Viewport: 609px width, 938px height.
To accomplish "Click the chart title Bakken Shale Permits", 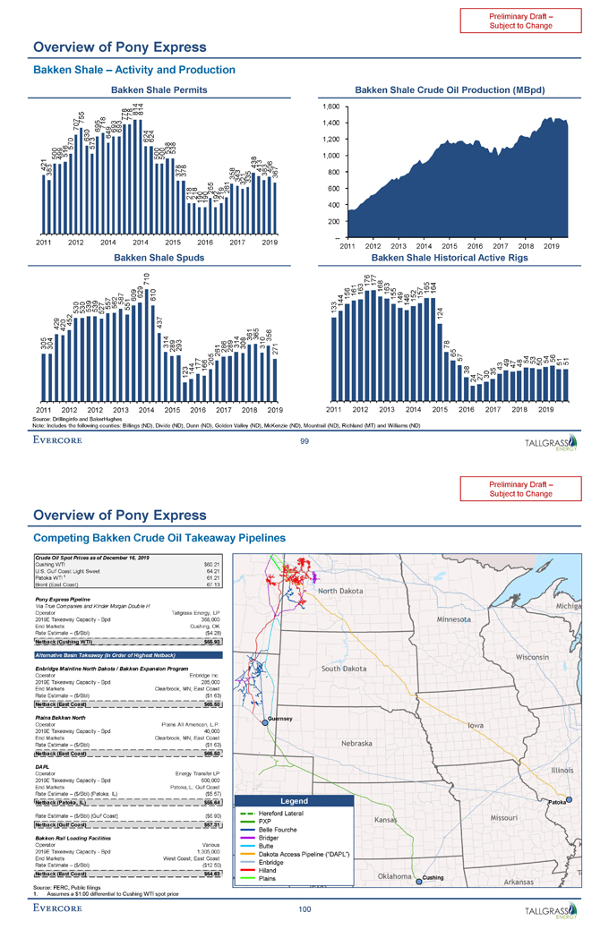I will point(158,90).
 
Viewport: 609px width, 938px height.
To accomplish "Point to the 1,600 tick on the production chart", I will point(329,106).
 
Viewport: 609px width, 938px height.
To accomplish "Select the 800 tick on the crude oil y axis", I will point(331,172).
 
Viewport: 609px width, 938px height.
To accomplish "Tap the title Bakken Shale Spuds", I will point(158,258).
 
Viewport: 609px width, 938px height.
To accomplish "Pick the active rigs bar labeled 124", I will point(439,358).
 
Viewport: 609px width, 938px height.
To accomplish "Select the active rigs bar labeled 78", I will point(447,375).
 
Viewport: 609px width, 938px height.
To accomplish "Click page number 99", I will point(304,440).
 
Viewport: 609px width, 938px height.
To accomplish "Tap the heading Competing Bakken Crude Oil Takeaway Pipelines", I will point(159,538).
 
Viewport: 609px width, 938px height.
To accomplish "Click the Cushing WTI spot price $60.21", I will point(236,566).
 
